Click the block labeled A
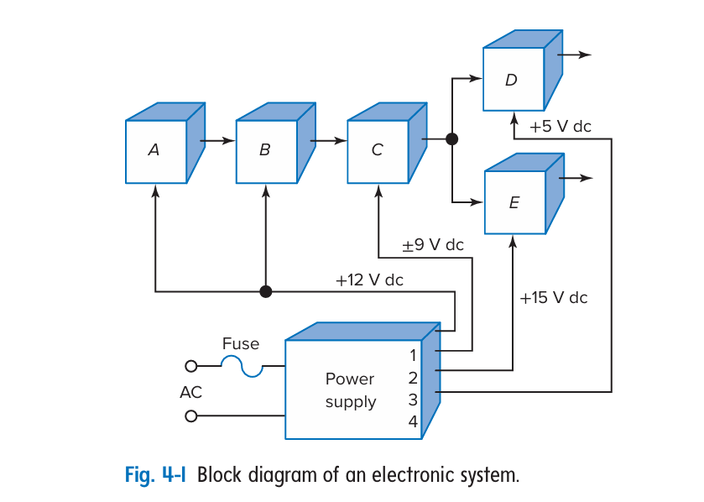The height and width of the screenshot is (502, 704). coord(155,151)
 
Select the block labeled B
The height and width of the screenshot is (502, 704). coord(266,151)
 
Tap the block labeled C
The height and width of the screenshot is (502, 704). coord(378,151)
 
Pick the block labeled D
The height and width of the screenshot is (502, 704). coord(512,81)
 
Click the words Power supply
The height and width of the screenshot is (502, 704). coord(351,390)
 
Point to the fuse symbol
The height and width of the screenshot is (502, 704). coord(242,366)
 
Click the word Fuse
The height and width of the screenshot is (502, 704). coord(241,343)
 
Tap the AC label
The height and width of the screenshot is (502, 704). coord(190,392)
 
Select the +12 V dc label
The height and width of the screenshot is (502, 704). coord(369,280)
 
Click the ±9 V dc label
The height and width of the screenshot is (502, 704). coord(432,245)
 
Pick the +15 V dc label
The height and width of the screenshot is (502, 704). coord(554,298)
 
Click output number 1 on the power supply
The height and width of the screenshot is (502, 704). coord(413,355)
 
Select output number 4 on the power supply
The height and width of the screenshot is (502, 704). coord(413,421)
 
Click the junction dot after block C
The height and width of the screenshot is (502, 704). coord(452,139)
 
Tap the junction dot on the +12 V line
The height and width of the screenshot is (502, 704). coord(266,291)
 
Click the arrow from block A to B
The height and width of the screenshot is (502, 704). coord(220,140)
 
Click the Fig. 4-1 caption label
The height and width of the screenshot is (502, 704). coord(159,475)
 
